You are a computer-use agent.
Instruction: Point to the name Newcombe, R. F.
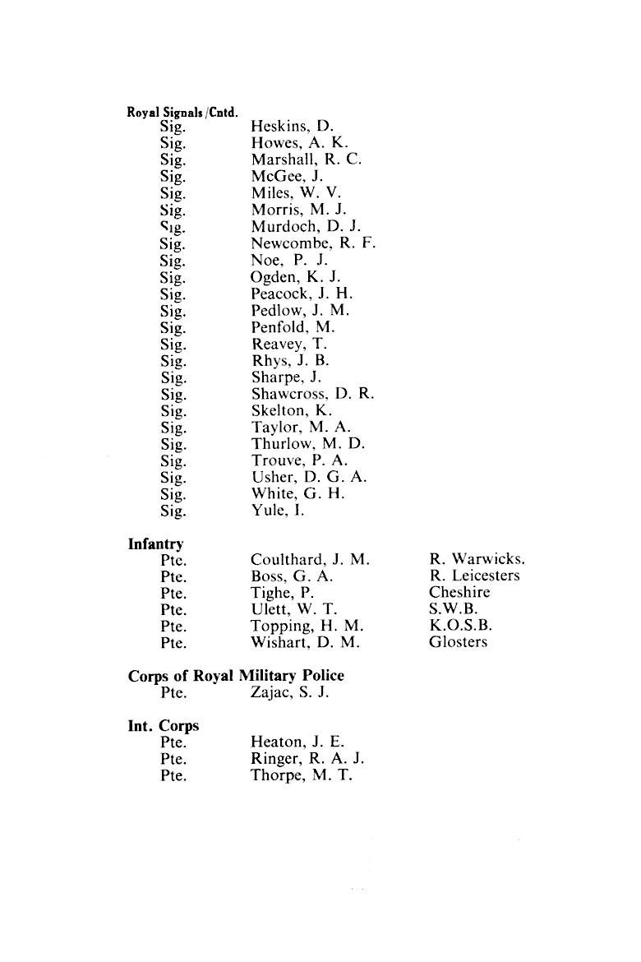313,243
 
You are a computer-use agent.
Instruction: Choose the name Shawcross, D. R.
312,394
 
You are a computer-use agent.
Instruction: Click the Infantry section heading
156,543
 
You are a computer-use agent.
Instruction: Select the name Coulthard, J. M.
310,559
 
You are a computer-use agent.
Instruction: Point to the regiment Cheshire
459,592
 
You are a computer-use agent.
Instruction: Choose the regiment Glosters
458,642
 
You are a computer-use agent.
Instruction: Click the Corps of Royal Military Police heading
236,675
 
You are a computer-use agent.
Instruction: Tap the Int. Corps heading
164,726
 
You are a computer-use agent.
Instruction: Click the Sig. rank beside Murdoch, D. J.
173,226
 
